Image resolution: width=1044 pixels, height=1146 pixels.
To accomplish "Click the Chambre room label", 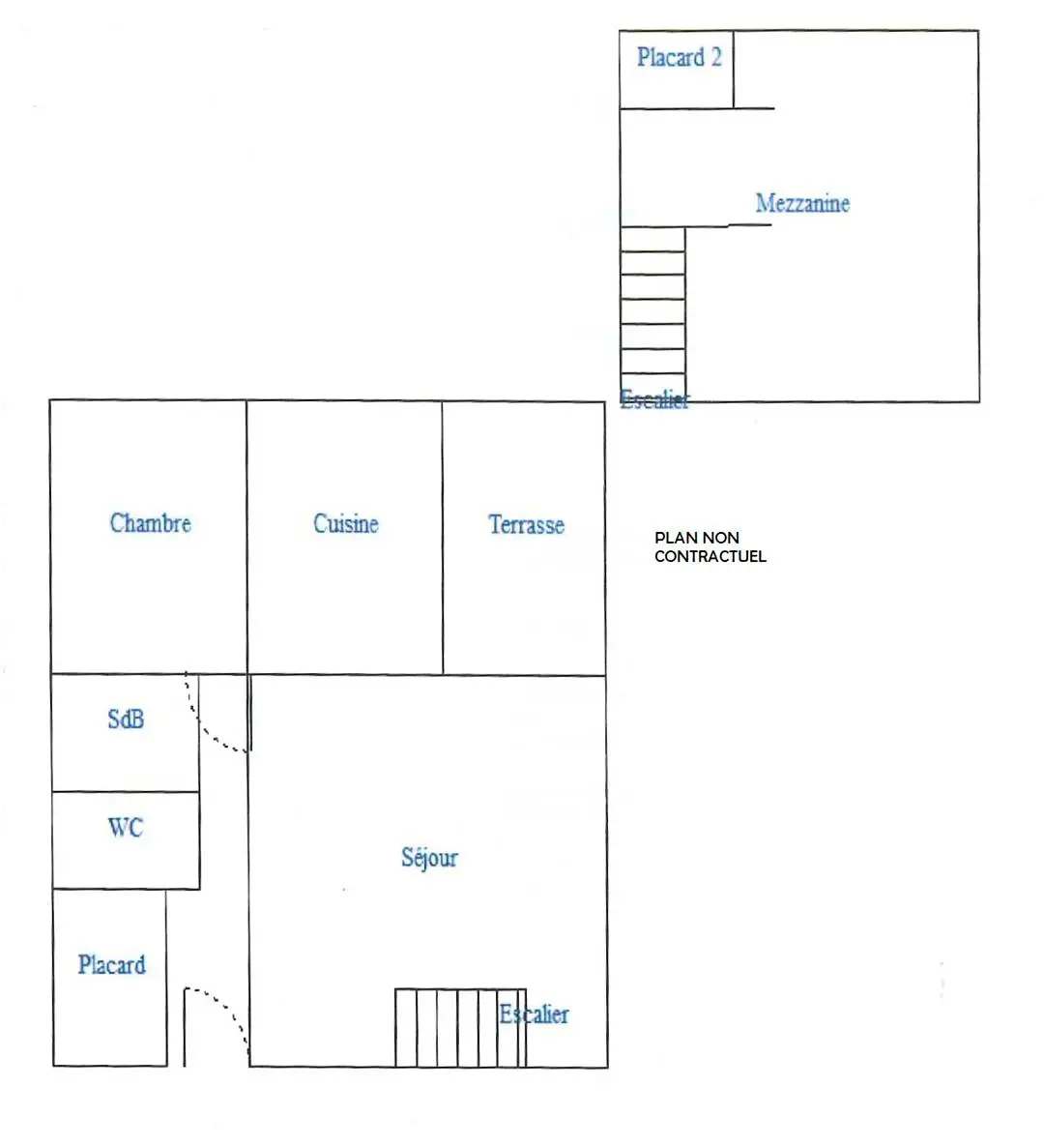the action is pos(151,522).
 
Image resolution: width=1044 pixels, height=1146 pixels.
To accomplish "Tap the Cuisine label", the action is pos(345,523).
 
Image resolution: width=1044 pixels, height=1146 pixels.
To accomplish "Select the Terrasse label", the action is pos(526,524).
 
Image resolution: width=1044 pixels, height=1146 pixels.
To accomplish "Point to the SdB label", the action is pos(126,719).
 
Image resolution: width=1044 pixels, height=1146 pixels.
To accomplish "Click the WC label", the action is pos(126,827).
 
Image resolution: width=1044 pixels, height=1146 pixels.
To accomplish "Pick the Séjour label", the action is pos(429,857).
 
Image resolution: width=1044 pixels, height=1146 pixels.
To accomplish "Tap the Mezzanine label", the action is pos(803,202).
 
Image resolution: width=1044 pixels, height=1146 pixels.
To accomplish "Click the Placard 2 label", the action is pos(680,57).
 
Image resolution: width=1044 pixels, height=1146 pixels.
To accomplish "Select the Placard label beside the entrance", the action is pos(112,965).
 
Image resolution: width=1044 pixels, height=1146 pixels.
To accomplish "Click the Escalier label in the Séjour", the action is pos(534,1014).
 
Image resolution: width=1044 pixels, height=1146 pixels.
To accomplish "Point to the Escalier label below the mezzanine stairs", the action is pos(654,399).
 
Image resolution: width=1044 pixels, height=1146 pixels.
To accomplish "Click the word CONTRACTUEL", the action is pos(710,556).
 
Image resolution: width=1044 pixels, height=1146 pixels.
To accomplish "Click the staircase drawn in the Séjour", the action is pos(460,1028).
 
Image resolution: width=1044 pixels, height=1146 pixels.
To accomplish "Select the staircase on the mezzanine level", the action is pos(652,313).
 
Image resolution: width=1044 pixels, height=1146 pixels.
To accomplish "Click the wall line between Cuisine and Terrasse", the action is pos(442,537).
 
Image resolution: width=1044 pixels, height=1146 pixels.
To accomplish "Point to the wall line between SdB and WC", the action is pos(126,791).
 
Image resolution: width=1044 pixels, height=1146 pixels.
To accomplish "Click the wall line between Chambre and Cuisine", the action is pos(246,537).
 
